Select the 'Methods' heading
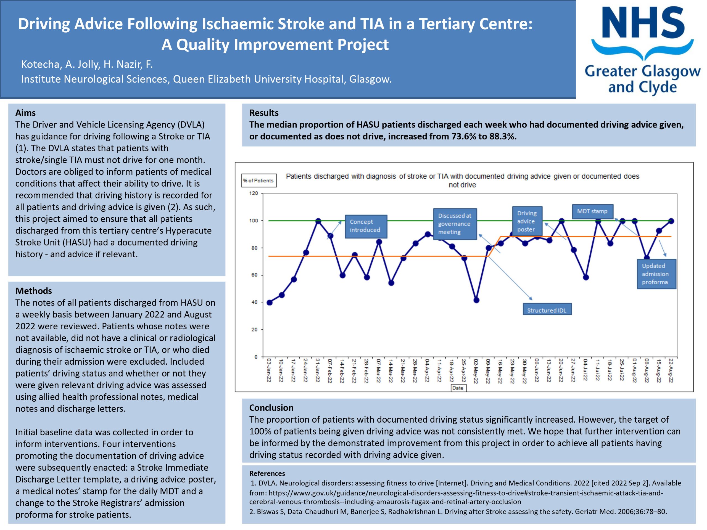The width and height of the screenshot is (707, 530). [34, 291]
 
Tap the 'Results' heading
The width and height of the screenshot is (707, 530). [264, 113]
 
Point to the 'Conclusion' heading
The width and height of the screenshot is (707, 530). [271, 408]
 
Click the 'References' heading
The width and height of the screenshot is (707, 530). [267, 473]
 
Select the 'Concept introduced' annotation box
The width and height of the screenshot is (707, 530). [366, 226]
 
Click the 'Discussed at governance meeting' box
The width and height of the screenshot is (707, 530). [455, 224]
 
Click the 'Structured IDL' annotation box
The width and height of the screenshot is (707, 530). [547, 310]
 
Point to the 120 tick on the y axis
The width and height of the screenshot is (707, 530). [254, 193]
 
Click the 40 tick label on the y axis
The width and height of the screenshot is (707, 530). [254, 302]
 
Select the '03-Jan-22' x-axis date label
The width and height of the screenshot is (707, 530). [269, 370]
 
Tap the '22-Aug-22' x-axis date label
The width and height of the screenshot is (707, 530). [671, 370]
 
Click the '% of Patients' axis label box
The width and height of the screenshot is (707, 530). [258, 181]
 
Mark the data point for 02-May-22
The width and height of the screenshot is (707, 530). [476, 300]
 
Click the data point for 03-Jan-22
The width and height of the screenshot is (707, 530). [270, 303]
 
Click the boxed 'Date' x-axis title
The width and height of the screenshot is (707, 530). [458, 388]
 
